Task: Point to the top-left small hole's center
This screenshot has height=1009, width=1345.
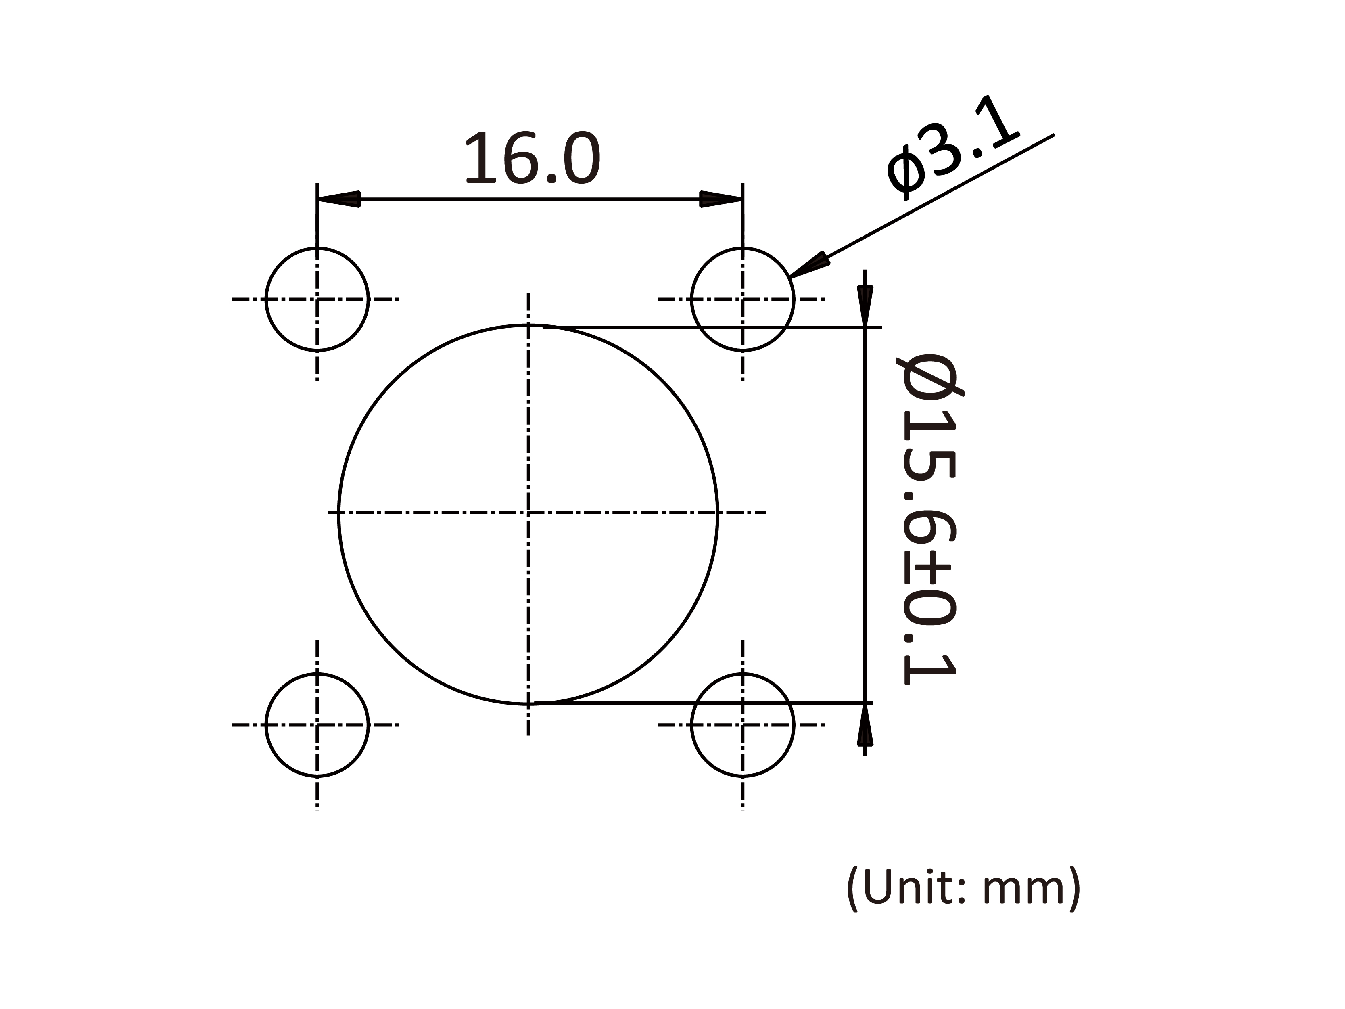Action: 317,299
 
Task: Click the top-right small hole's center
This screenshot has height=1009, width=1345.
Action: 742,299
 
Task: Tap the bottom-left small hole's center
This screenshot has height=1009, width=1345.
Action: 317,725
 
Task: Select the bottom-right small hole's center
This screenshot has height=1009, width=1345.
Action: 742,725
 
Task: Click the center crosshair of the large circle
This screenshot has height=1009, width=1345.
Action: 528,513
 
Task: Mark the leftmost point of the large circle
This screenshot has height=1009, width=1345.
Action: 339,513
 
